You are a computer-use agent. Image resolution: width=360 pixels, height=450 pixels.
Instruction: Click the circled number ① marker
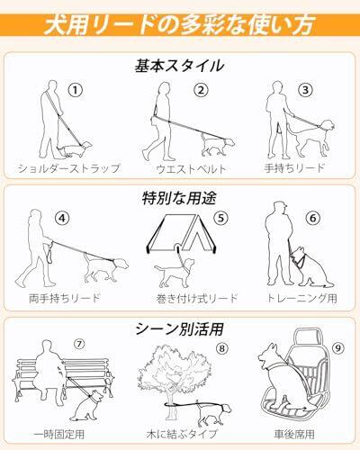[76, 90]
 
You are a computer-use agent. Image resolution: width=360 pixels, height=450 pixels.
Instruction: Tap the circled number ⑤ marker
[221, 218]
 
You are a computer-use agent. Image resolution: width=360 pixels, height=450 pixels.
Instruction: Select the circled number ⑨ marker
[338, 348]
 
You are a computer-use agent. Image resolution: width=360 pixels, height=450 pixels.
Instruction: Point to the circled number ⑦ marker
[79, 344]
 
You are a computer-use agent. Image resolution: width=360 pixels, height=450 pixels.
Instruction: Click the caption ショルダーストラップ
[68, 168]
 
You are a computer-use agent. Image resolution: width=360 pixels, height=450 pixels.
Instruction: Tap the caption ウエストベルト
[191, 169]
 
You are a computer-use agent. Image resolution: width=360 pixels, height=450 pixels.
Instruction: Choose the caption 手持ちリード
[295, 167]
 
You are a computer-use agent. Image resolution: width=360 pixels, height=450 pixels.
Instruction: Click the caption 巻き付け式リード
[197, 299]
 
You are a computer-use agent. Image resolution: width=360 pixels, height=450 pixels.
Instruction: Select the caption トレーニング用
[302, 298]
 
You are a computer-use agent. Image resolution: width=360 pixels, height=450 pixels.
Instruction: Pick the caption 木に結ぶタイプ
[182, 434]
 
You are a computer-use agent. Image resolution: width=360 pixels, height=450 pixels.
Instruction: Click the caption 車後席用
[294, 434]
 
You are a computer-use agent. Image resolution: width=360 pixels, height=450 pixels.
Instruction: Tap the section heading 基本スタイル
[179, 66]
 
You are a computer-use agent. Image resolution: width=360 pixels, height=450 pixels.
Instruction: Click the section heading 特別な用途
[179, 198]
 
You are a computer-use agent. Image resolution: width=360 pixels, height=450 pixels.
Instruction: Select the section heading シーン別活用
[179, 328]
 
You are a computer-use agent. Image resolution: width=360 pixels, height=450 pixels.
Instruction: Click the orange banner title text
[179, 24]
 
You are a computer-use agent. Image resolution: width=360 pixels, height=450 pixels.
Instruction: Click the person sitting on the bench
[49, 371]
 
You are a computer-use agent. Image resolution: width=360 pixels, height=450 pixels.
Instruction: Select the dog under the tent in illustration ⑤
[174, 272]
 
